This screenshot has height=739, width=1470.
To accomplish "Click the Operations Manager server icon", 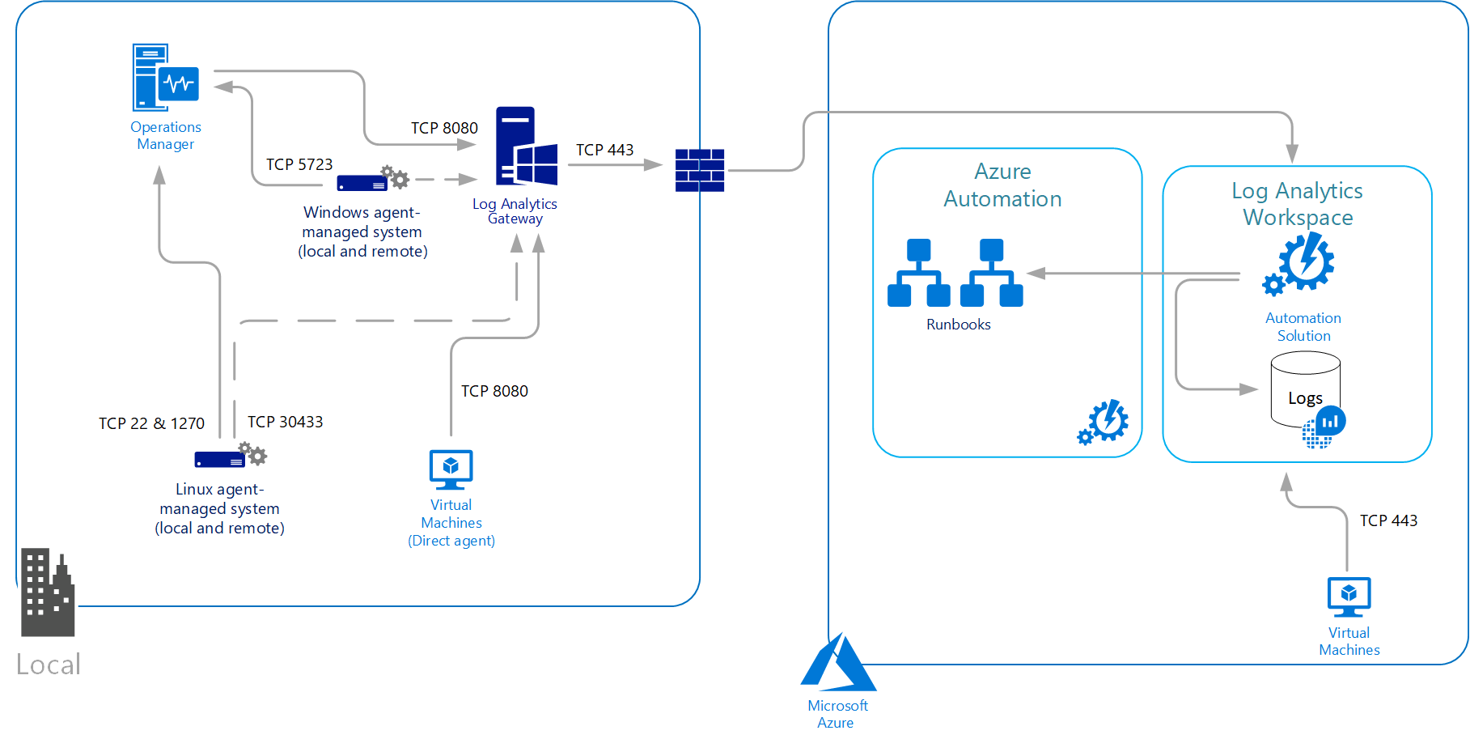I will point(165,78).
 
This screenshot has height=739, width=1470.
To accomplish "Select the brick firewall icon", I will point(700,170).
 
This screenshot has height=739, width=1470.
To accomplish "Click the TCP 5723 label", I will point(299,164).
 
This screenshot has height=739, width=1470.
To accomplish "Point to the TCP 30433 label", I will point(285,422).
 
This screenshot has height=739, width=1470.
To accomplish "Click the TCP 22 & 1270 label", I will point(151,423).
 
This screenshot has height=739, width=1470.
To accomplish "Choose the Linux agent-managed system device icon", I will point(230,457).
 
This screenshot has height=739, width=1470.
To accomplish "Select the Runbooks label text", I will point(958,325).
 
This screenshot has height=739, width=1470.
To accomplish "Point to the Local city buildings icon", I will point(47,592).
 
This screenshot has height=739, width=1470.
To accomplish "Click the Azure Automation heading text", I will point(1002,185).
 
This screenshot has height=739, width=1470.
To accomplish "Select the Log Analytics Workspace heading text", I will point(1297,204).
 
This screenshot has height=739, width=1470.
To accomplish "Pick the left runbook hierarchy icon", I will point(918,273).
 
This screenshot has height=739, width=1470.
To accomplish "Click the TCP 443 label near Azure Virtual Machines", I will point(1388,520).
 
